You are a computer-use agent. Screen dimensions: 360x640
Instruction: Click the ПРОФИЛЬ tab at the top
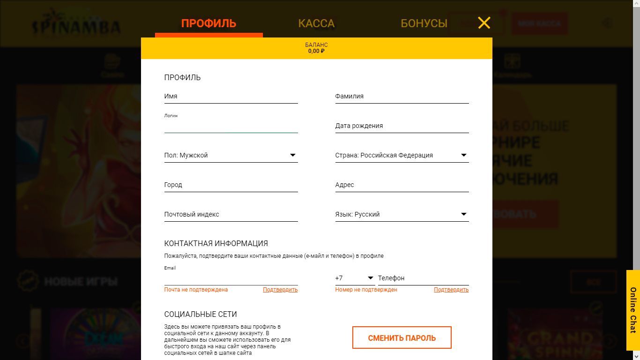[208, 23]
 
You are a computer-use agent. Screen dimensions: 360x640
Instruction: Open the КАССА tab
[316, 23]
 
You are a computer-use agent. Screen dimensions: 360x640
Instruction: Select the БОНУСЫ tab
[424, 23]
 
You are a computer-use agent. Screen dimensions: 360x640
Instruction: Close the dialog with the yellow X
[484, 22]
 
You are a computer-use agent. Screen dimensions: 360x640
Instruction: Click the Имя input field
[231, 96]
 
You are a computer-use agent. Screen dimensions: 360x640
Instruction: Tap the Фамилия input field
[402, 96]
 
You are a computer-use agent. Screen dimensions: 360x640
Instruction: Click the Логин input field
[231, 126]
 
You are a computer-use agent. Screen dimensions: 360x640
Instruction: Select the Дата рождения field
[402, 126]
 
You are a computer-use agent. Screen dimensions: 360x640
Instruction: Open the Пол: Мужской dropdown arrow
[293, 155]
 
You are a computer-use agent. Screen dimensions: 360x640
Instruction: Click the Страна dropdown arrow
[464, 155]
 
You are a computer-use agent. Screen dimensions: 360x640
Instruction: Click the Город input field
[231, 185]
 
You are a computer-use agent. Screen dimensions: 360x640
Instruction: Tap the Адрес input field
[402, 185]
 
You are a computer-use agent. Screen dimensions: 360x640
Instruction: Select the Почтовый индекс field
[231, 214]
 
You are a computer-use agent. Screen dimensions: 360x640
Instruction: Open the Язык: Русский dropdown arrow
[464, 214]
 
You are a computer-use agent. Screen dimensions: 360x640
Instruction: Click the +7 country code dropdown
[355, 278]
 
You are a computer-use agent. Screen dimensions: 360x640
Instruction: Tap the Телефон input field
[423, 278]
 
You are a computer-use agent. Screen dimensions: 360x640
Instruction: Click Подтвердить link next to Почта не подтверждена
[280, 290]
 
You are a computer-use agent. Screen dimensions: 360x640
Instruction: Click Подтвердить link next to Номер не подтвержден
[451, 290]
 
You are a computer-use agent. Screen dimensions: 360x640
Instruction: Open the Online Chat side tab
[633, 310]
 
